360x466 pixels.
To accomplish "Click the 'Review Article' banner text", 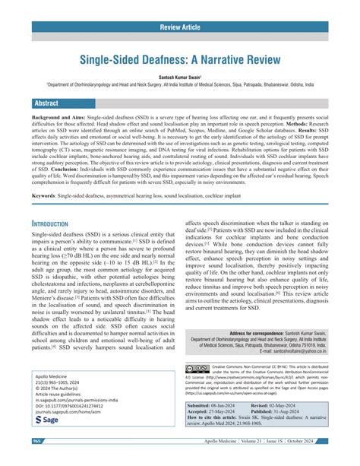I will click(x=180, y=28).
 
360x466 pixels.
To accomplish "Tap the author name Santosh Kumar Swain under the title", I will click(x=178, y=78).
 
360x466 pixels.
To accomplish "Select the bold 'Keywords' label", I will click(x=48, y=195).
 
